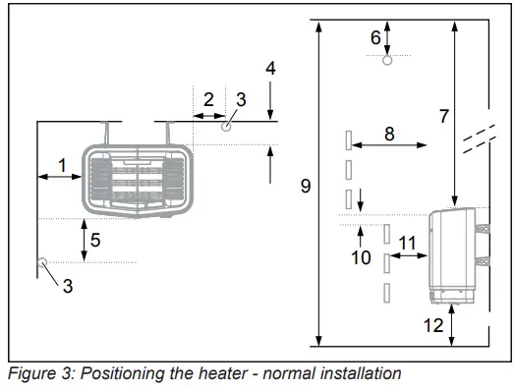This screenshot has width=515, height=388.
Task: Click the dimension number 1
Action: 63,166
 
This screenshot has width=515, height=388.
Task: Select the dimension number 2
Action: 208,98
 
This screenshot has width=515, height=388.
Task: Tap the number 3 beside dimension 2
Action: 241,100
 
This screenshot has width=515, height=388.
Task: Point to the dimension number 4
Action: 271,69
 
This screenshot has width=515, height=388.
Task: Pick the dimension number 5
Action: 95,239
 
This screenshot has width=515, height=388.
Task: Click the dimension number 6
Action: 374,37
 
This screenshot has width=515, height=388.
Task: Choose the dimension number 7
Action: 443,116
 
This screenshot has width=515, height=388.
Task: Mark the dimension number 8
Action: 389,133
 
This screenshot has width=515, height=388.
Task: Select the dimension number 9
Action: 306,185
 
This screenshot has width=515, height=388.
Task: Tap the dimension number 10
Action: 361,257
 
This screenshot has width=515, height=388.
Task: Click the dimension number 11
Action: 406,242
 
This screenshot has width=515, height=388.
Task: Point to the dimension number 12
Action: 433,326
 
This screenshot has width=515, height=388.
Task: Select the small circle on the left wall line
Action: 41,262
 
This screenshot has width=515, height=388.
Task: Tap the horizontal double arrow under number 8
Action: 389,145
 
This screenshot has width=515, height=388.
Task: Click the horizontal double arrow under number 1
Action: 59,177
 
